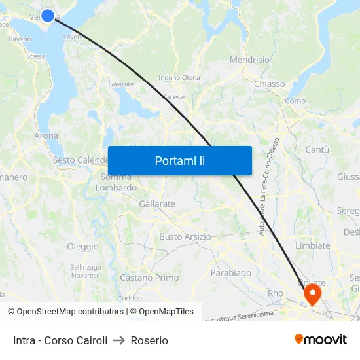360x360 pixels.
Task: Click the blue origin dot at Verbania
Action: point(48,14)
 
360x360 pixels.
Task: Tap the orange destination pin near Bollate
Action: point(313,293)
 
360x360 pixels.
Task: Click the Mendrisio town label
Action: point(249,60)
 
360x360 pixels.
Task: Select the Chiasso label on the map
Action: point(269,84)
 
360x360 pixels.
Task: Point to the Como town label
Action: point(295,101)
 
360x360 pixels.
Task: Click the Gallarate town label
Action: point(157,204)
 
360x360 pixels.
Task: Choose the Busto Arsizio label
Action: point(185,236)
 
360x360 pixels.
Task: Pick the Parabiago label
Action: point(230,272)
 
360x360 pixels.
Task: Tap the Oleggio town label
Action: point(83,247)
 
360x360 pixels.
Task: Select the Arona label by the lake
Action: point(46,136)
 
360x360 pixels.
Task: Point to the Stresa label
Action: point(36,56)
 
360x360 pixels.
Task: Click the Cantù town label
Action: point(317,150)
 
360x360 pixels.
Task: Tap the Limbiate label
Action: point(312,245)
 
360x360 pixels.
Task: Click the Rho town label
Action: point(276,293)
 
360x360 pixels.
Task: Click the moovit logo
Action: point(321,340)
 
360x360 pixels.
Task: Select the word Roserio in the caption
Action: point(149,340)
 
